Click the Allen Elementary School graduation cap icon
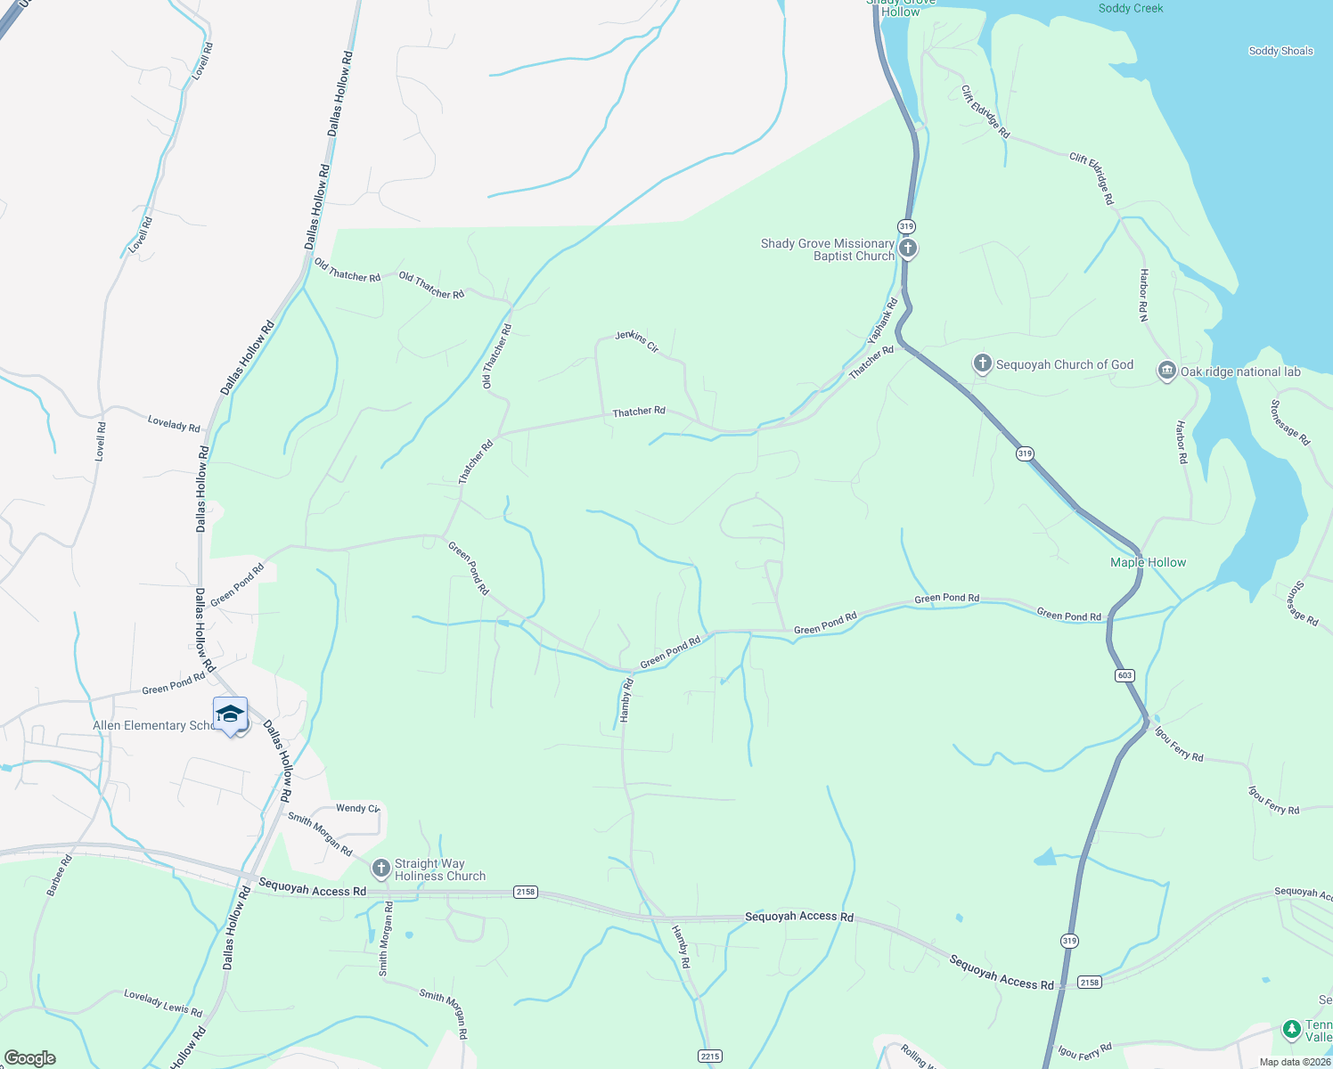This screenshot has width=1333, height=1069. (230, 714)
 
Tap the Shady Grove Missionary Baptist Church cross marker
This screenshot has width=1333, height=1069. (907, 249)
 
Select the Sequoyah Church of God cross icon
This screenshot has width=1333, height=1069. (982, 363)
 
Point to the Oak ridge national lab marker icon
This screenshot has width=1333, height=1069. (1166, 371)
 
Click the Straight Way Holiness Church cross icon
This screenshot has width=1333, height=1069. (380, 869)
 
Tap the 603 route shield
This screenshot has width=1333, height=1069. (1124, 675)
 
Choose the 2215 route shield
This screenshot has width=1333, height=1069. (709, 1057)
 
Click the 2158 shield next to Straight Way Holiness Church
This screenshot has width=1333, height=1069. (526, 892)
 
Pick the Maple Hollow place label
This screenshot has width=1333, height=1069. (1148, 562)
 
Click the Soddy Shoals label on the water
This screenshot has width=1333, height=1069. (1280, 51)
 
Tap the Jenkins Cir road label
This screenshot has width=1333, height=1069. (637, 340)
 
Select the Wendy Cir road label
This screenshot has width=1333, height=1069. (357, 808)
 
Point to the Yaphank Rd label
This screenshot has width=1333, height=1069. (883, 321)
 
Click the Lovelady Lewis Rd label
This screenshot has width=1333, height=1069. (163, 1004)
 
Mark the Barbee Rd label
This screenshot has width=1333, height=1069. (61, 875)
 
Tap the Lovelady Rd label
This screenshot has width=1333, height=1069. (174, 424)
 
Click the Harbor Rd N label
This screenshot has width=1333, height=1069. (1143, 295)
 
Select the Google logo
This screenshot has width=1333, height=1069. (30, 1058)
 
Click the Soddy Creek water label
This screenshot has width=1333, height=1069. (1131, 8)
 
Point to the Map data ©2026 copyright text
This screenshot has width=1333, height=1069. (1295, 1062)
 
